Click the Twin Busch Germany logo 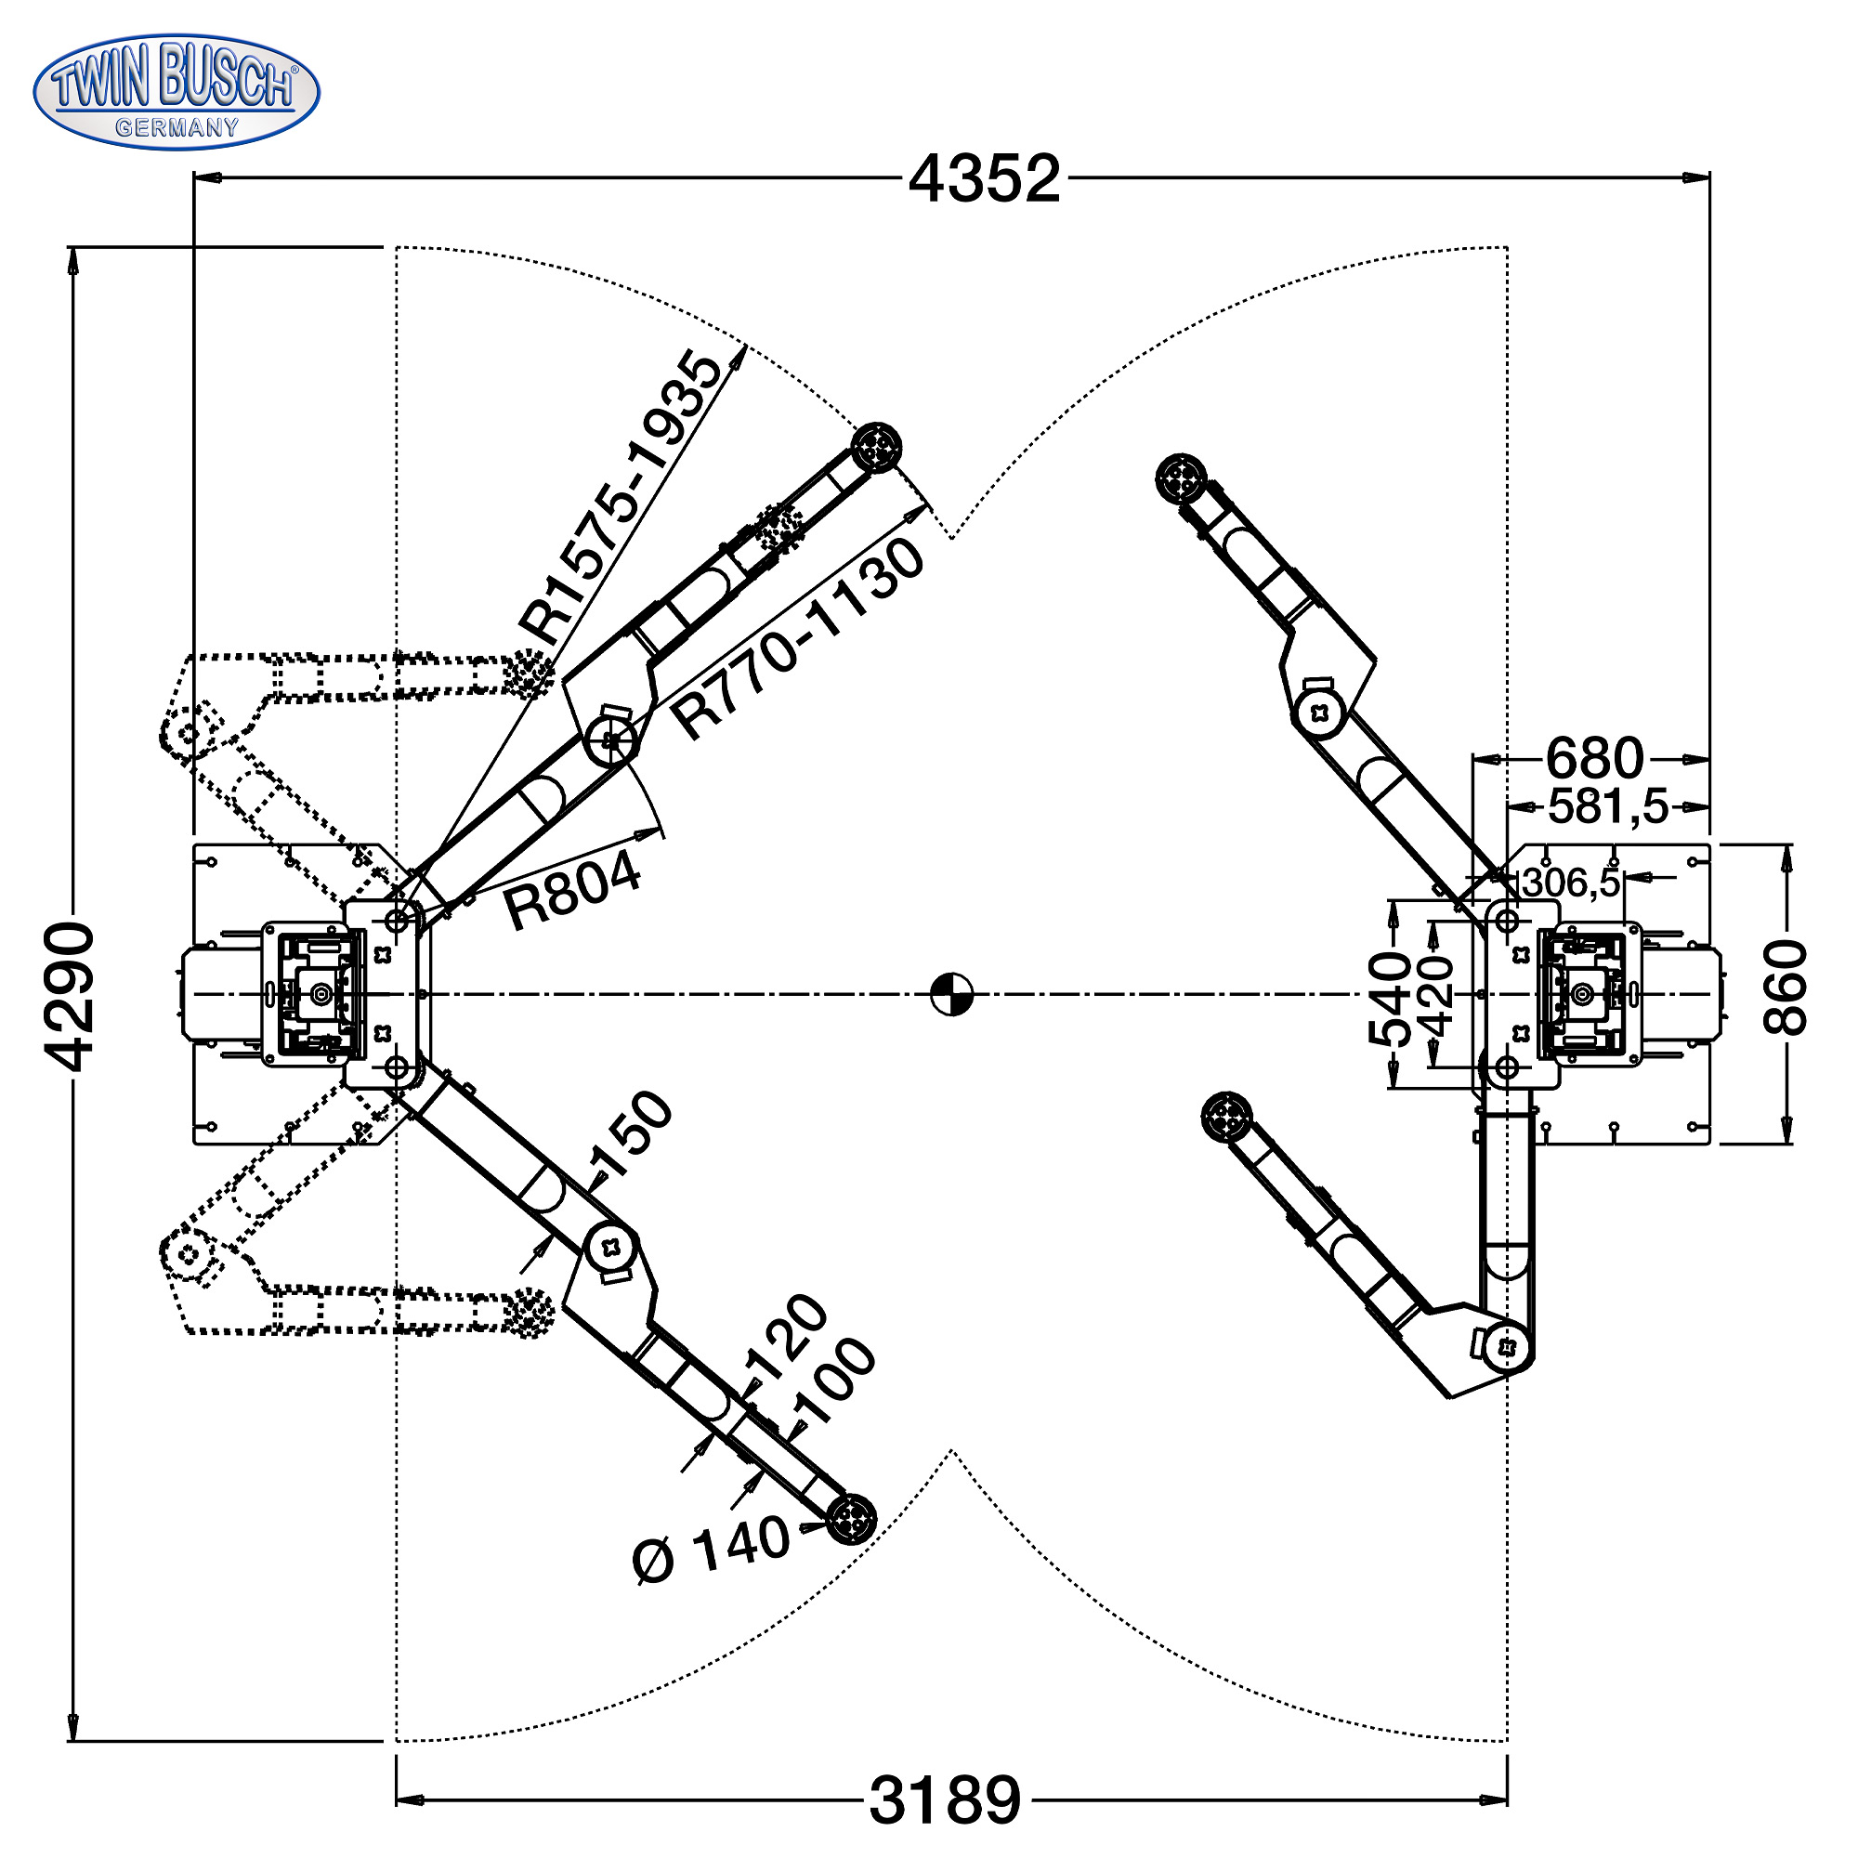[x=176, y=92]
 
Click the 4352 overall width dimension [x=984, y=179]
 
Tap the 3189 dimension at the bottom [x=945, y=1800]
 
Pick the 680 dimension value [x=1594, y=759]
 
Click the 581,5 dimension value [x=1608, y=805]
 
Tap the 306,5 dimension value [x=1570, y=882]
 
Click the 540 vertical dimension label [x=1389, y=997]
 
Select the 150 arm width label [x=630, y=1136]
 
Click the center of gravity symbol [x=952, y=994]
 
